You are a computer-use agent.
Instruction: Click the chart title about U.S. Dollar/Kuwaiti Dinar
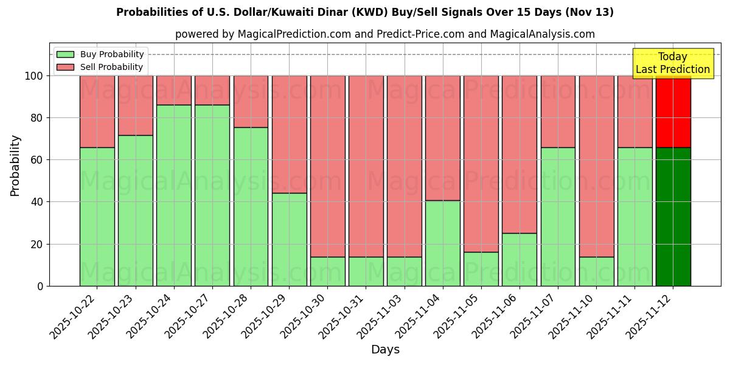tap(364, 12)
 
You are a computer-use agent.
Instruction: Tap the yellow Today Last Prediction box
tap(672, 63)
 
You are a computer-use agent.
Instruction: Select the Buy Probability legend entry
tap(100, 54)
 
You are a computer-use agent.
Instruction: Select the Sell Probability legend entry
tap(100, 67)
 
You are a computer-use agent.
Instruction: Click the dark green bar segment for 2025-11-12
tap(673, 217)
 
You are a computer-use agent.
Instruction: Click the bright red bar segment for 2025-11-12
tap(673, 111)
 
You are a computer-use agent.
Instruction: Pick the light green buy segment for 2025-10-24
tap(174, 195)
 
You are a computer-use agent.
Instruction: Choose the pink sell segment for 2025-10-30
tap(327, 165)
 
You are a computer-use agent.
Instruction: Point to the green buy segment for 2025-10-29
tap(289, 239)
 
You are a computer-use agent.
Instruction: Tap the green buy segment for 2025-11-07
tap(558, 217)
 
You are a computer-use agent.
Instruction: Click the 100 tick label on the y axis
tap(33, 76)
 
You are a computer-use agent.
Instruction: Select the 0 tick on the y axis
tap(41, 286)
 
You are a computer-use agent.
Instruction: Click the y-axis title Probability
tap(15, 165)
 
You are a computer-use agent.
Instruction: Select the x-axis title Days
tap(385, 350)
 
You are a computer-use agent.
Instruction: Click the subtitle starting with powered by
tap(384, 34)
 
